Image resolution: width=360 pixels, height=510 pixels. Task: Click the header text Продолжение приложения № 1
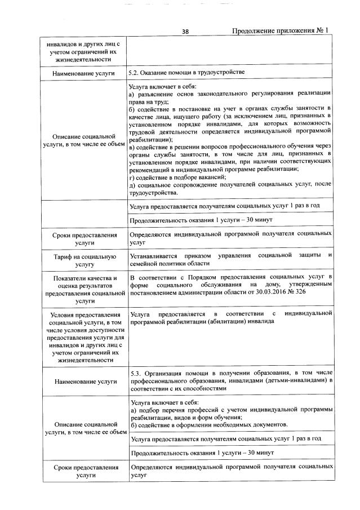pyautogui.click(x=281, y=32)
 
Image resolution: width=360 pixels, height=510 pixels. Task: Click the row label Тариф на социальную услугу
pyautogui.click(x=84, y=259)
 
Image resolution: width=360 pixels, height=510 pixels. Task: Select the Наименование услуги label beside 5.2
pyautogui.click(x=84, y=73)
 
